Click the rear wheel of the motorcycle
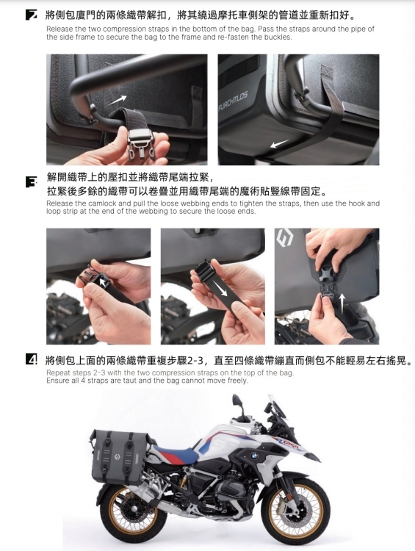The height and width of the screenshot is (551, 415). point(133,511)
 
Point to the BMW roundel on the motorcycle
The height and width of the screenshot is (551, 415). point(254,456)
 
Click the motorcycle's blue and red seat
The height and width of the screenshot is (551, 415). point(176,453)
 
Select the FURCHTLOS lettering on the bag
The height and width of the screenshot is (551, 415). point(233,101)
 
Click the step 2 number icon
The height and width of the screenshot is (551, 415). point(31,15)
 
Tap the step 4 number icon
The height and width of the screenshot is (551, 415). point(31,359)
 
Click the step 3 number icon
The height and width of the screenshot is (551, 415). point(31,182)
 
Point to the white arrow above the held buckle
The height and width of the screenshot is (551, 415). point(118,100)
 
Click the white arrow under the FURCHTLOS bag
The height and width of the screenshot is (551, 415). point(280,144)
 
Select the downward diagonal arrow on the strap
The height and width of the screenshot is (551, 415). point(221,289)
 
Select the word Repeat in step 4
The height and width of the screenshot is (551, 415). point(57,372)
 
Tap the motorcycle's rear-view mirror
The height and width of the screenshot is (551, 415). point(237,400)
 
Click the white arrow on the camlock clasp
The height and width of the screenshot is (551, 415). point(102,282)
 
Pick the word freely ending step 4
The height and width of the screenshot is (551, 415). point(237,381)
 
